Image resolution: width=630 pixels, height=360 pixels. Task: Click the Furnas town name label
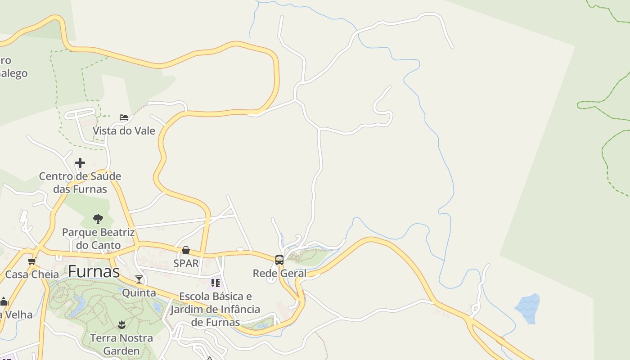[94, 271]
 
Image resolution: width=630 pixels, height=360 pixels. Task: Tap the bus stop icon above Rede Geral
[279, 260]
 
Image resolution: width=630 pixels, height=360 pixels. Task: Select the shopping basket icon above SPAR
[186, 250]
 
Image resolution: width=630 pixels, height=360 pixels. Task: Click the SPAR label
[186, 263]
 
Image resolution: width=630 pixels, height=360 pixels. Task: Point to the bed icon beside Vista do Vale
[124, 117]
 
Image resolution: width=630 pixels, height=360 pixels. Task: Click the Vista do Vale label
[124, 131]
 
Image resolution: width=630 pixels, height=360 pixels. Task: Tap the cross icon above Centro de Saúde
[80, 162]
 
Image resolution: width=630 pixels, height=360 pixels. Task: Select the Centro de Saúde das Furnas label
[80, 182]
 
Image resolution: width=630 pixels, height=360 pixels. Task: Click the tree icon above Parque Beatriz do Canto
[98, 219]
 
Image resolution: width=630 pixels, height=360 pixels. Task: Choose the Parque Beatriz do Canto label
[98, 238]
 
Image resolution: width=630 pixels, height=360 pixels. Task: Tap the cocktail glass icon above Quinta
[139, 279]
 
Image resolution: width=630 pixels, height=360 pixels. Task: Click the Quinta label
[139, 293]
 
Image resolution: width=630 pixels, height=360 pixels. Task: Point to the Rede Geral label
[279, 273]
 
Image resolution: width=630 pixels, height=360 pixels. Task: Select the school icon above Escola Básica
[216, 283]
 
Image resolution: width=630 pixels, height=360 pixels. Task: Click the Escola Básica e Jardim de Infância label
[216, 309]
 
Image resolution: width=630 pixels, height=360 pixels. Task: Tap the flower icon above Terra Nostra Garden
[121, 324]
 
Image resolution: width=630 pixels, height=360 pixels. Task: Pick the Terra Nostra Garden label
[121, 344]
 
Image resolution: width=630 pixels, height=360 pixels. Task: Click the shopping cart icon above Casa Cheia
[31, 261]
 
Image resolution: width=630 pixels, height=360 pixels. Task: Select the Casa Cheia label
[32, 274]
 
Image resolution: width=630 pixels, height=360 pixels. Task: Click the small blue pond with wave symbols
[527, 308]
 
